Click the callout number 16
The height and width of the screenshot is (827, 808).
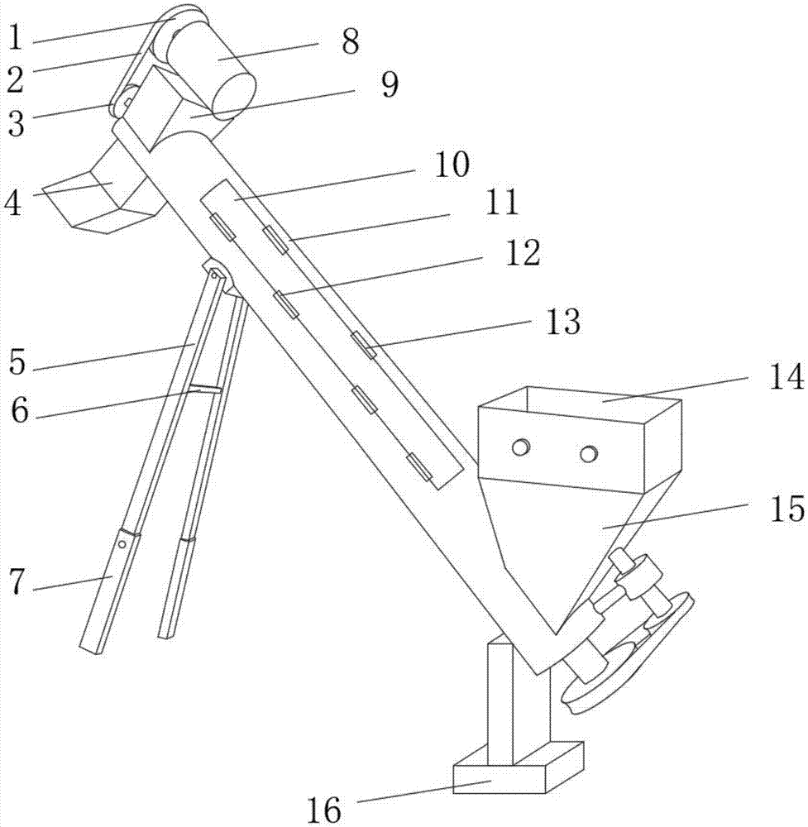click(x=323, y=810)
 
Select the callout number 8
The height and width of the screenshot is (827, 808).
click(x=351, y=41)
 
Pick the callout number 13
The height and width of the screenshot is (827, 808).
click(x=562, y=321)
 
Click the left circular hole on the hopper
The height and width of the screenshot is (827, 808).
click(x=520, y=447)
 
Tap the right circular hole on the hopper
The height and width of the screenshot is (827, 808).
click(x=588, y=453)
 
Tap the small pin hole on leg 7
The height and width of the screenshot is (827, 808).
click(x=122, y=545)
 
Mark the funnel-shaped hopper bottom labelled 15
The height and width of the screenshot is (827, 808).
click(x=571, y=529)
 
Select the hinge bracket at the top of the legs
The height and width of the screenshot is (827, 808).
click(x=216, y=271)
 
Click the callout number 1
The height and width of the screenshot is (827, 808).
click(x=14, y=36)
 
